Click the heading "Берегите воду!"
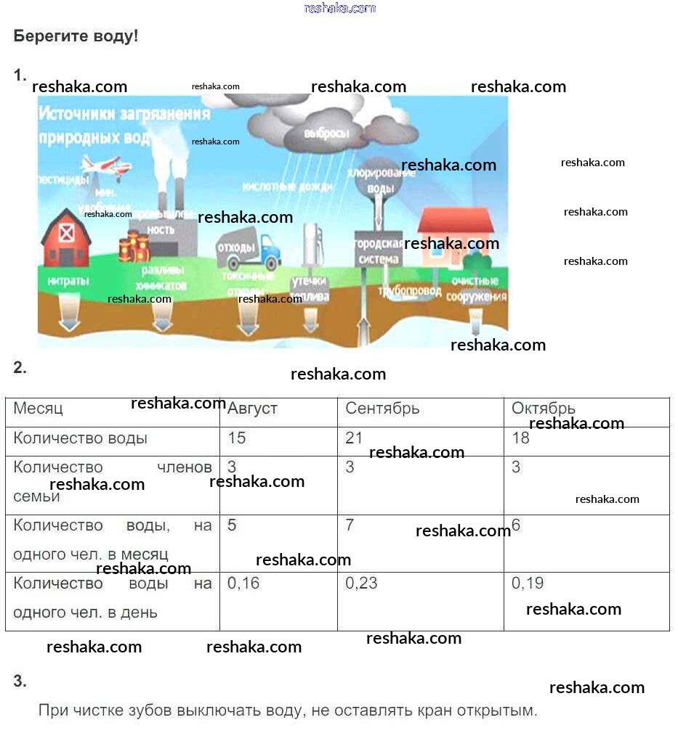(76, 36)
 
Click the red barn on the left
(66, 239)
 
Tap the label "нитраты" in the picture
(68, 280)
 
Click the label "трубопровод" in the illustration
(410, 290)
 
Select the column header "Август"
(252, 409)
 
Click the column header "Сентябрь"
(382, 409)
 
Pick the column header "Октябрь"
(544, 409)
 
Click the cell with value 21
(354, 438)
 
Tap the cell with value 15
(237, 438)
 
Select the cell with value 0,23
(361, 583)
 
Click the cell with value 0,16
(243, 583)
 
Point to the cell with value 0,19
(528, 583)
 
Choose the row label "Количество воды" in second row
(81, 438)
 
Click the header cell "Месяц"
(39, 409)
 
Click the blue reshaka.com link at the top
(339, 8)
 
